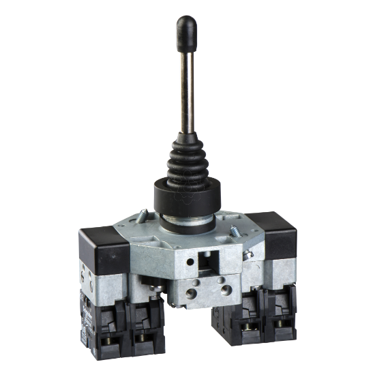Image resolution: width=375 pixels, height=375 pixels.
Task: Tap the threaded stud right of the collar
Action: [x=235, y=230]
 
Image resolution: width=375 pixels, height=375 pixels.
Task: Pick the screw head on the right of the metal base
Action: [x=247, y=254]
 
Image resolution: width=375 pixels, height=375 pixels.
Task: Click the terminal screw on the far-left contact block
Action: [x=110, y=337]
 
